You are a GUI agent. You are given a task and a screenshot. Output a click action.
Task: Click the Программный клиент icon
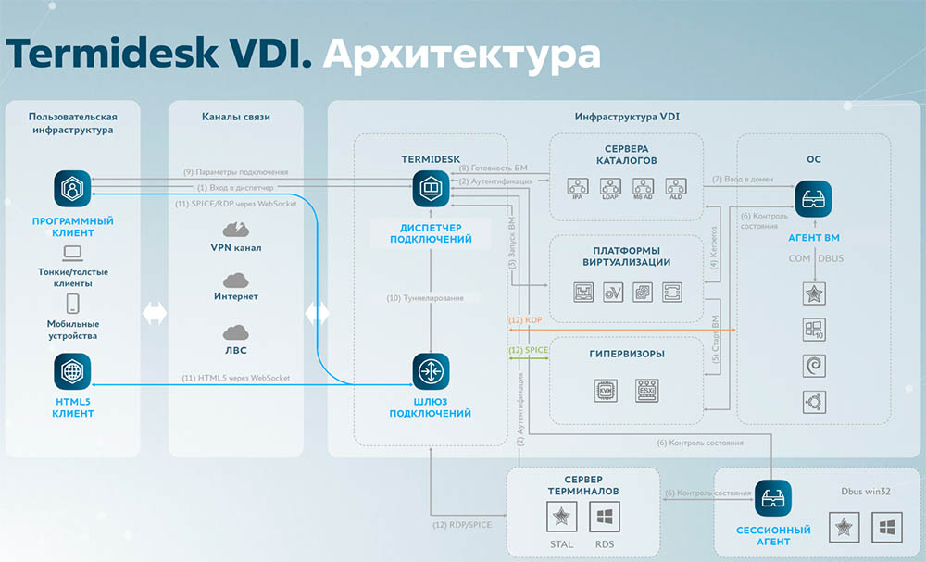tap(70, 190)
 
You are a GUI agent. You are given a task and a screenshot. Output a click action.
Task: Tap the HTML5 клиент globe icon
tap(70, 371)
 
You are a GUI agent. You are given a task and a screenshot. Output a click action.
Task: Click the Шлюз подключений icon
tap(431, 371)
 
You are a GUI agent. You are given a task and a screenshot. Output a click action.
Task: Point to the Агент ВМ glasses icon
tap(813, 198)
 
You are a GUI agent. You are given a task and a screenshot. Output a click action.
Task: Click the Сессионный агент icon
tap(773, 498)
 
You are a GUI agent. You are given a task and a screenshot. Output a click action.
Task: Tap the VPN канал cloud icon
tap(234, 230)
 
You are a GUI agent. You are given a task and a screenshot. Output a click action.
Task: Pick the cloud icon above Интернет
tap(234, 280)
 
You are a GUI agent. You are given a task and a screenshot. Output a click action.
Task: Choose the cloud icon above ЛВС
tap(234, 331)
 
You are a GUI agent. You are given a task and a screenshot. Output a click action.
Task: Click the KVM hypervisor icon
tap(606, 389)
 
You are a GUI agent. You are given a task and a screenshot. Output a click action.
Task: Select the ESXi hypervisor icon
tap(647, 389)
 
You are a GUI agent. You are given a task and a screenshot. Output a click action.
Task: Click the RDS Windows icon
tap(604, 517)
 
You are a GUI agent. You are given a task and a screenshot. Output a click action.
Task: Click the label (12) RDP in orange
tap(525, 319)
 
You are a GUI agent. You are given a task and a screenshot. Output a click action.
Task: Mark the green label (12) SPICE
tap(529, 350)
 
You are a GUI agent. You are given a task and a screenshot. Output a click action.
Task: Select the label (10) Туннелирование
tap(431, 298)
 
